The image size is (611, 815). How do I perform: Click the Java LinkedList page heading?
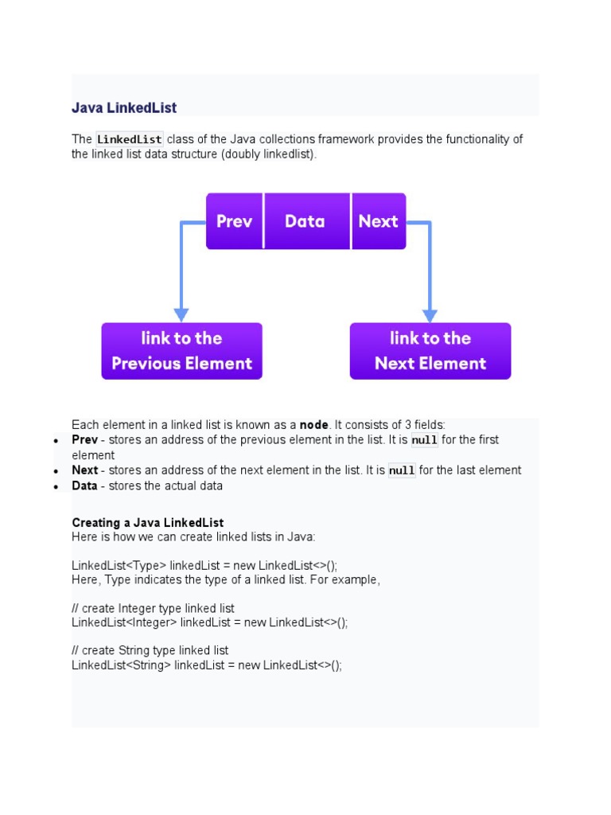click(124, 107)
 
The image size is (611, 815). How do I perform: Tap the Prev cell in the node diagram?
click(234, 221)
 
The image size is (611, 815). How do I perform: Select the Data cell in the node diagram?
click(305, 221)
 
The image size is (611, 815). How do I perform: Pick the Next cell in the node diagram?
click(378, 221)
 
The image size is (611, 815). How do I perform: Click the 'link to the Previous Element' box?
click(181, 351)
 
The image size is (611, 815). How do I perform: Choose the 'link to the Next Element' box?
click(430, 351)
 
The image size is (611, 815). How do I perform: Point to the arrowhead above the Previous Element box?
click(181, 314)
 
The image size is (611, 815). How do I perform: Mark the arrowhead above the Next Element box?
click(430, 314)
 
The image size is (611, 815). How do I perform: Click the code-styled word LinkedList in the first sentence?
click(129, 139)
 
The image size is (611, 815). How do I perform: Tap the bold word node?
click(313, 425)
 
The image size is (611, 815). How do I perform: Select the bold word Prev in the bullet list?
click(84, 440)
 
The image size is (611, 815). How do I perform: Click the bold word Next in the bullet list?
click(84, 470)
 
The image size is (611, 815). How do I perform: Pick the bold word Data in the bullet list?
click(84, 485)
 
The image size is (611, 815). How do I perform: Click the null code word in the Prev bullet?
click(424, 440)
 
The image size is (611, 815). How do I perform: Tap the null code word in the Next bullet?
click(402, 470)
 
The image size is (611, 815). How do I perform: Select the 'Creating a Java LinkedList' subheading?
click(148, 523)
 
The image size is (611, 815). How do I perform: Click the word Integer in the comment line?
click(136, 609)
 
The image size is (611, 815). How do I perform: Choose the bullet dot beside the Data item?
click(56, 486)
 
